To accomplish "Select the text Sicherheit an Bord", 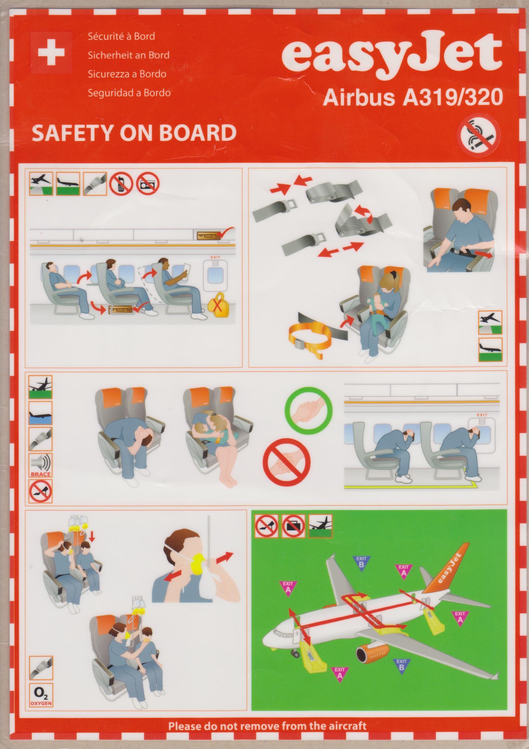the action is click(x=129, y=55).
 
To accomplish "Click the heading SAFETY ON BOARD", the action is click(x=134, y=133).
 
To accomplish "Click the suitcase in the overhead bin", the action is click(x=208, y=234).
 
